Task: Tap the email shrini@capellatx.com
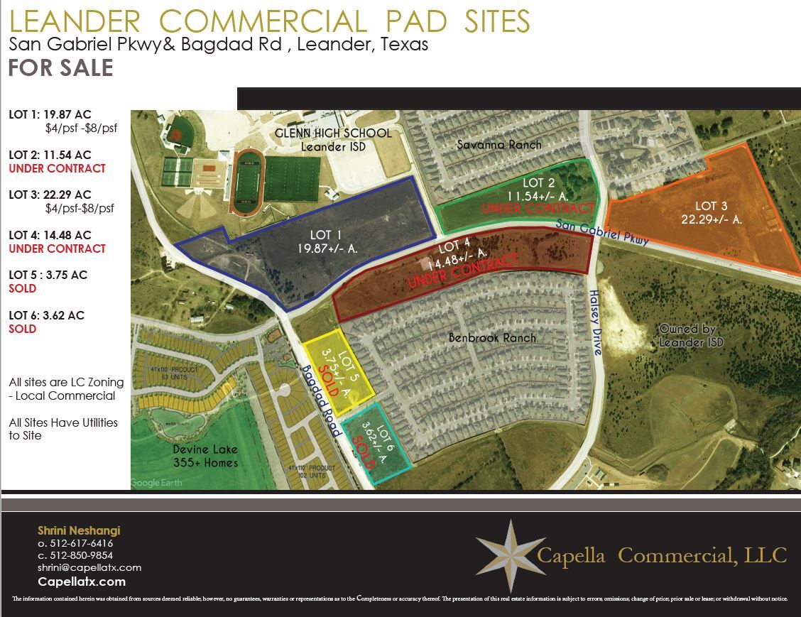pyautogui.click(x=89, y=567)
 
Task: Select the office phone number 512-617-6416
pyautogui.click(x=76, y=543)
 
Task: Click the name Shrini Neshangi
pyautogui.click(x=79, y=530)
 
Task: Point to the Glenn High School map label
pyautogui.click(x=333, y=139)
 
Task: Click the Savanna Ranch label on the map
pyautogui.click(x=498, y=145)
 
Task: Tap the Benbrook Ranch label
pyautogui.click(x=492, y=338)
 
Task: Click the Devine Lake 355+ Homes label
pyautogui.click(x=205, y=457)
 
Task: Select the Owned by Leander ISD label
pyautogui.click(x=691, y=335)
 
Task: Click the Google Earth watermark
pyautogui.click(x=156, y=483)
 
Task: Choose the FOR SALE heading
pyautogui.click(x=60, y=68)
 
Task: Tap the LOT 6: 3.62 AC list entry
pyautogui.click(x=46, y=315)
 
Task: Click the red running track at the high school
pyautogui.click(x=247, y=182)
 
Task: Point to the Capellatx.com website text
pyautogui.click(x=82, y=581)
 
